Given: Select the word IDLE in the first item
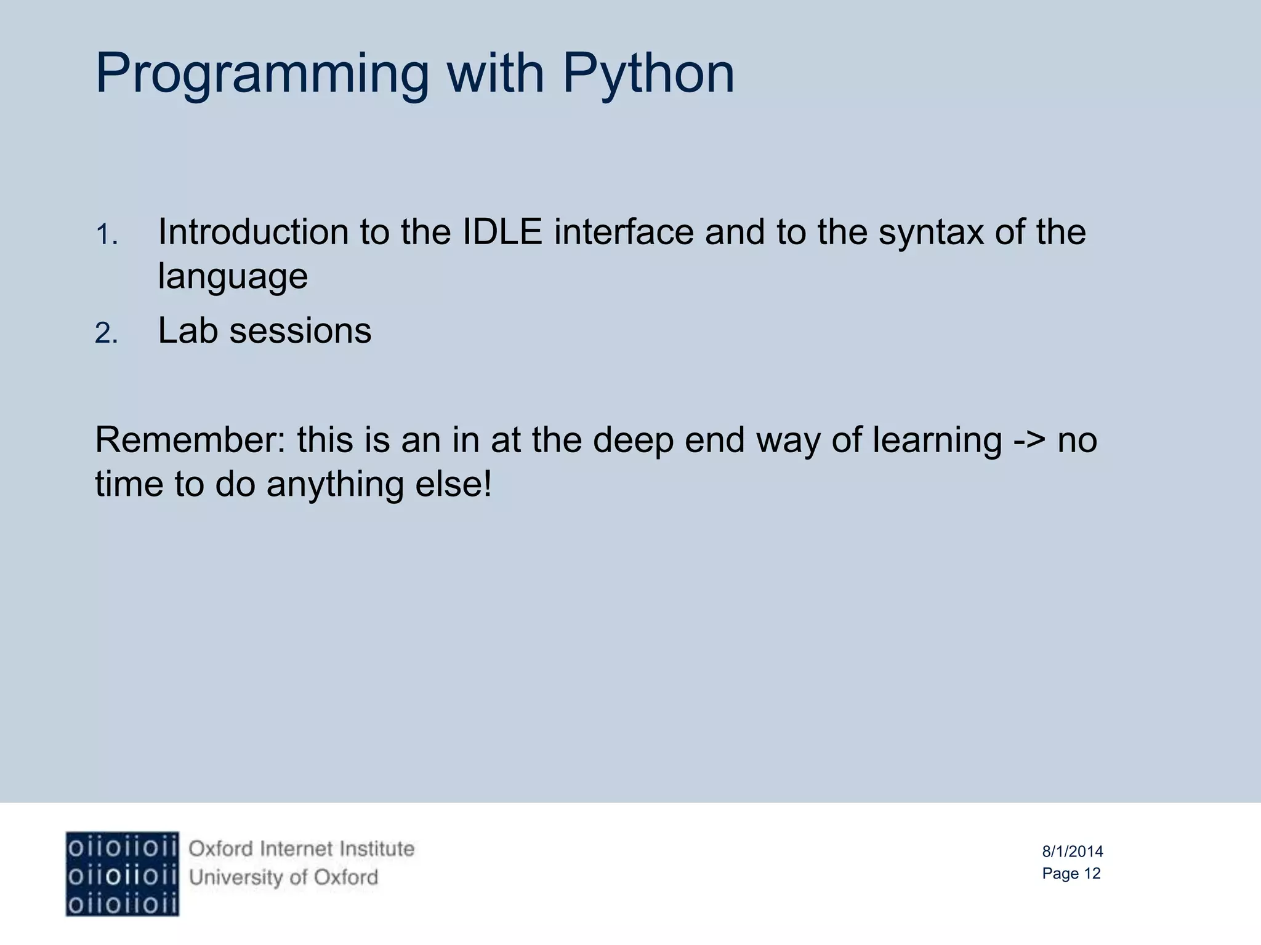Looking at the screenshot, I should click(502, 232).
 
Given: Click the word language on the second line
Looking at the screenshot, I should click(233, 277).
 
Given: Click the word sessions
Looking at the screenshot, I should click(300, 331).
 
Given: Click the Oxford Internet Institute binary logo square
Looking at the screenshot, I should click(122, 874).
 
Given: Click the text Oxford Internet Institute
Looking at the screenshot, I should click(301, 849).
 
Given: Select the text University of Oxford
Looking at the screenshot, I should click(283, 877).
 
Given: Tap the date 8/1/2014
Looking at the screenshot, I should click(1072, 851).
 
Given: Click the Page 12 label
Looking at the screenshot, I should click(1071, 874).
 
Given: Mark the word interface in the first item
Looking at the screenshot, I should click(623, 232).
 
